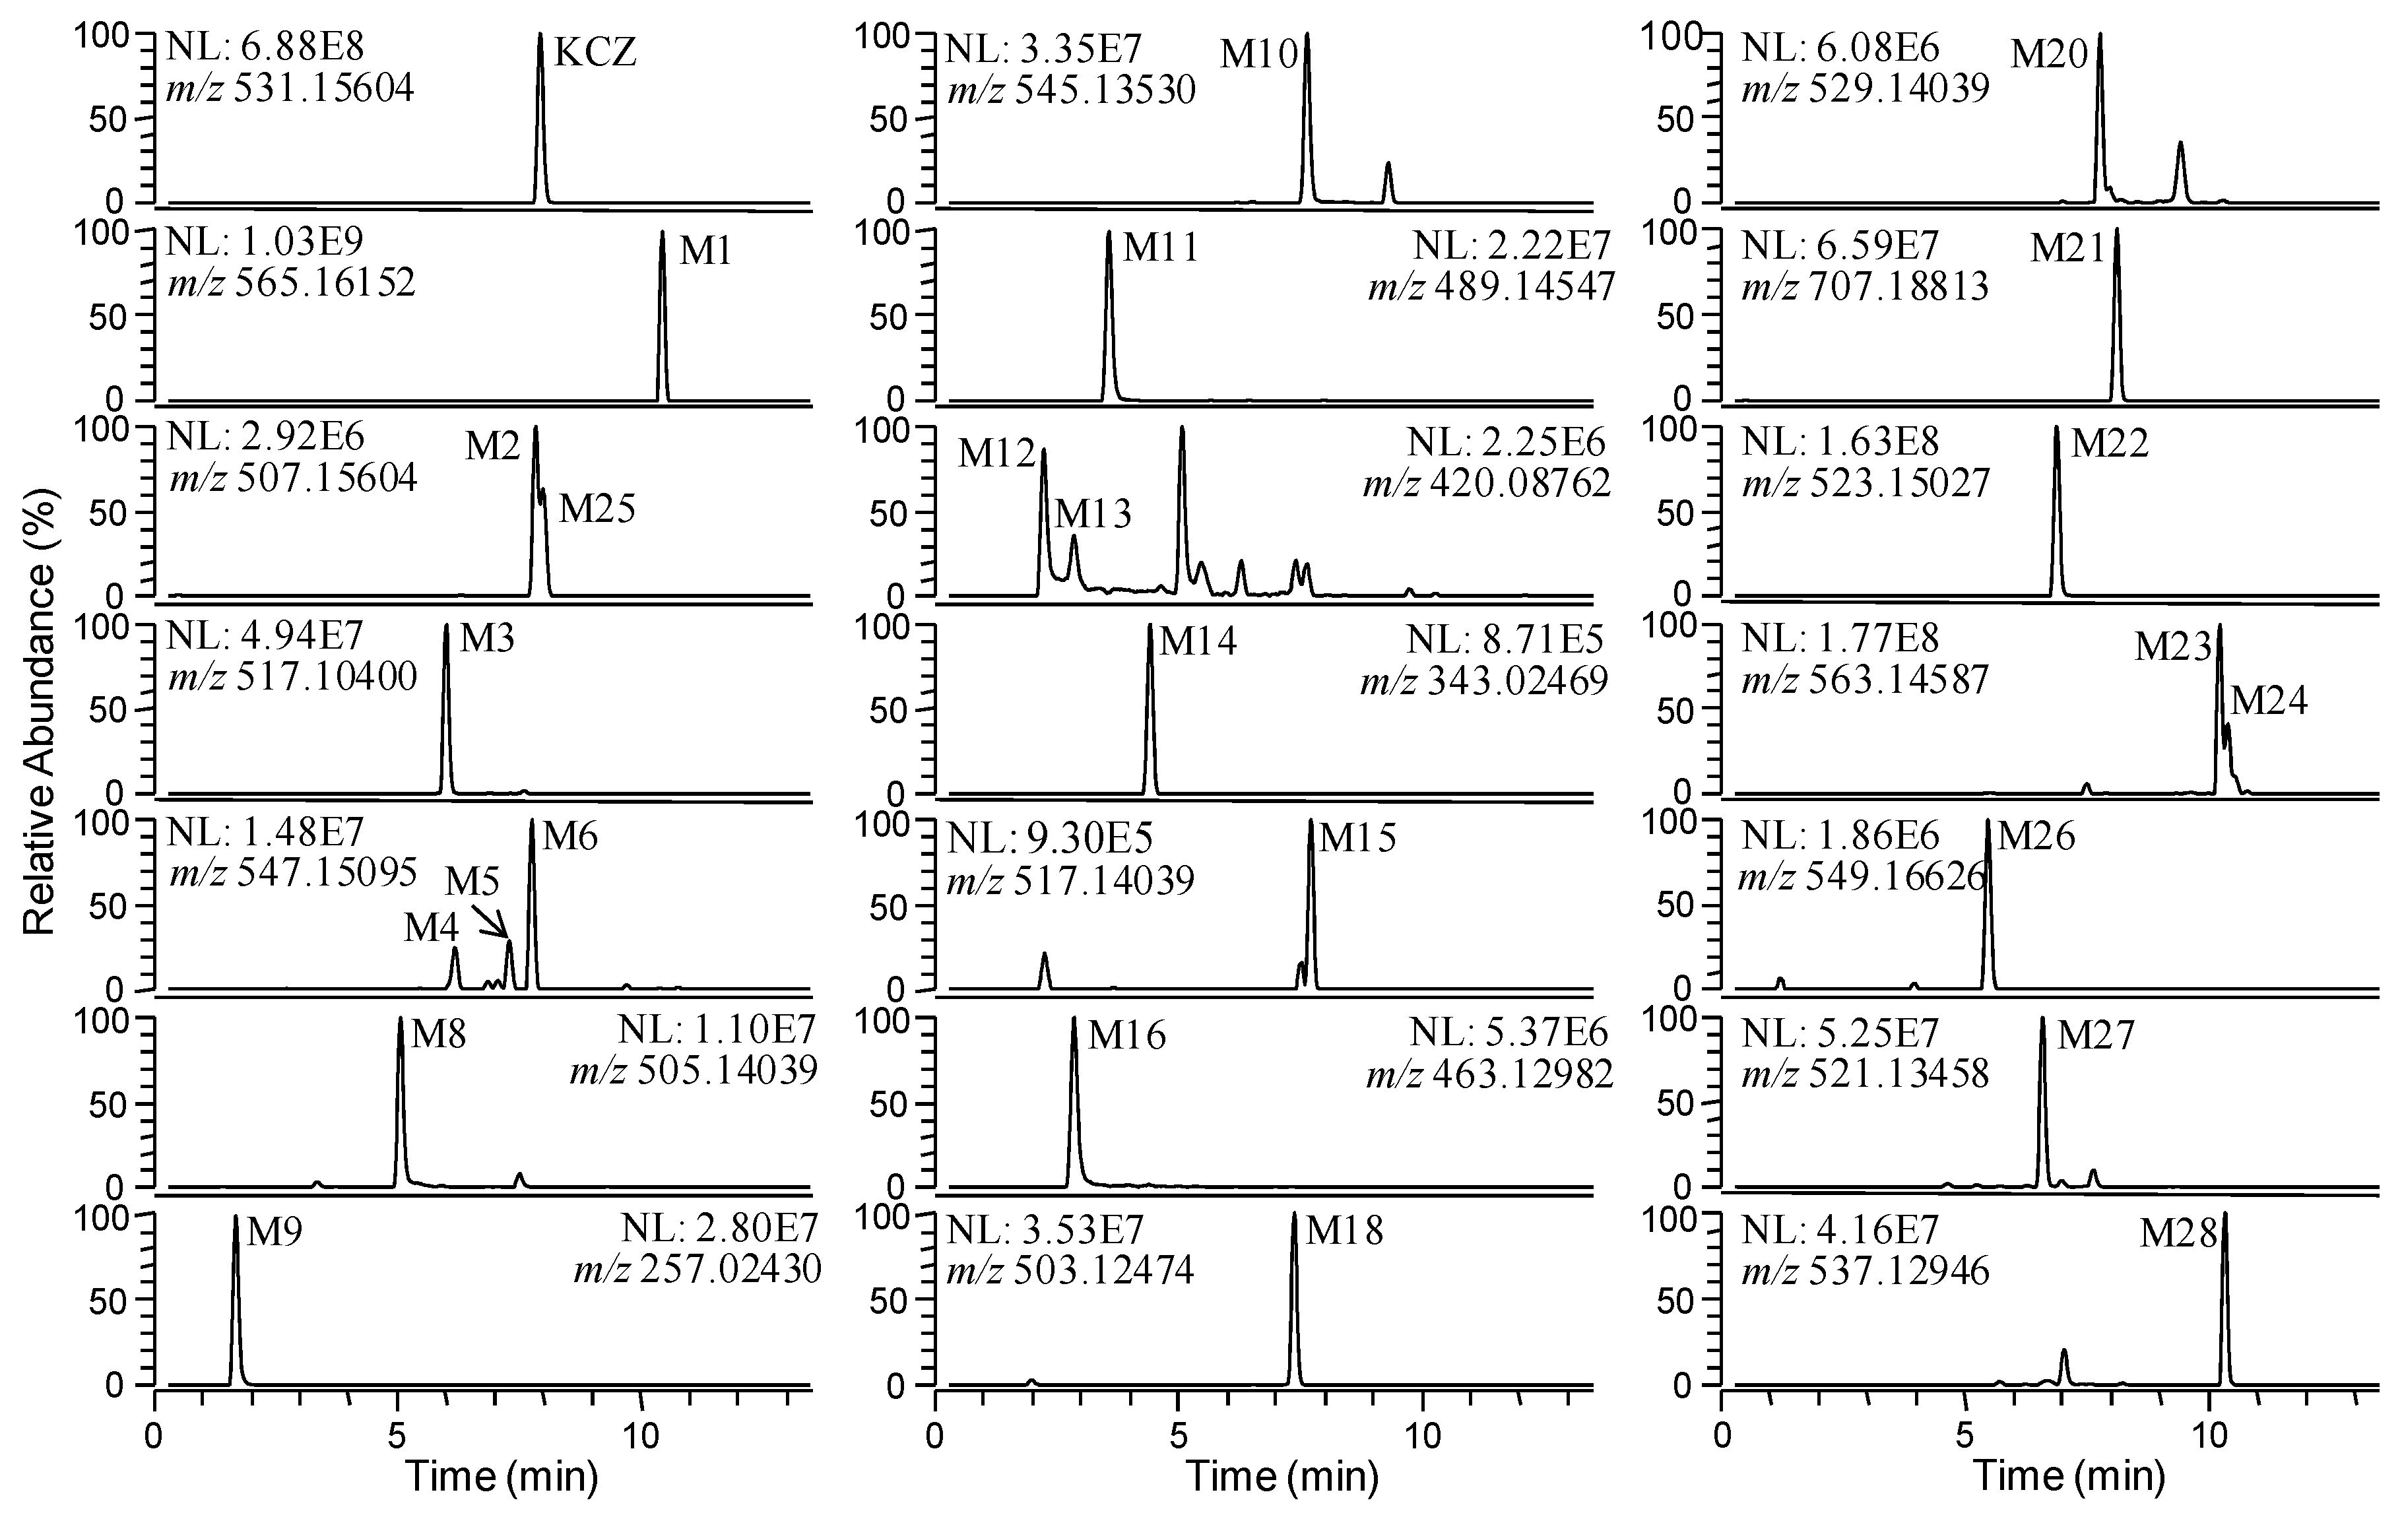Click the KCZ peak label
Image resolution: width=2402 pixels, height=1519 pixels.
click(x=595, y=52)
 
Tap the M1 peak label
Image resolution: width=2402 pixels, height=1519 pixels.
click(x=705, y=251)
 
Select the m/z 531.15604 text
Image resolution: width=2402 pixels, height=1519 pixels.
click(x=290, y=90)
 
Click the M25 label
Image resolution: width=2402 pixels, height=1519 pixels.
click(x=597, y=509)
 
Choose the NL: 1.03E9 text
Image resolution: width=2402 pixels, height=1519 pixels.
click(x=265, y=242)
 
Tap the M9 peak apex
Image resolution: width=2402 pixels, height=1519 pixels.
click(x=236, y=1217)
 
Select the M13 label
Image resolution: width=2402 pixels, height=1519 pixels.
click(x=1093, y=513)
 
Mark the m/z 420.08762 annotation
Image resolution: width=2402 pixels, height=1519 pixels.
click(x=1486, y=484)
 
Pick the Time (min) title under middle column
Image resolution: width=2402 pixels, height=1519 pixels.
click(x=1282, y=1476)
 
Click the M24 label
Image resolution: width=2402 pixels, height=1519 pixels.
click(x=2268, y=701)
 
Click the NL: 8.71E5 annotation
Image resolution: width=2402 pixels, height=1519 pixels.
click(x=1507, y=638)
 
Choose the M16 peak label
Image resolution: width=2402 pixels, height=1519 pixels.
click(x=1126, y=1036)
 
